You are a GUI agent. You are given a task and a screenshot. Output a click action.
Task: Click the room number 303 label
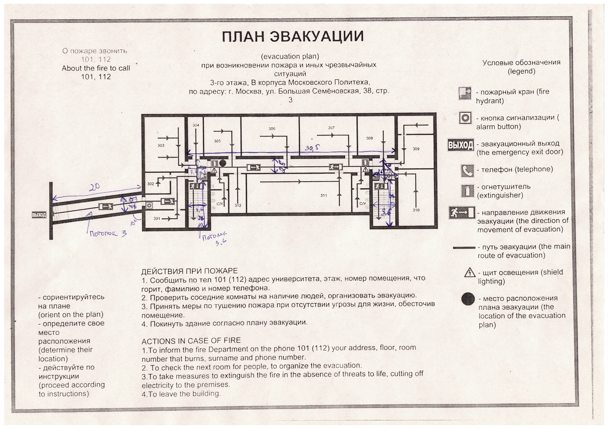pos(161,145)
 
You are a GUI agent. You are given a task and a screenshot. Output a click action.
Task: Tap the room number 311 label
pos(323,195)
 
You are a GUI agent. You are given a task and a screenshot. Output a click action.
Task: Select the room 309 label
pos(416,149)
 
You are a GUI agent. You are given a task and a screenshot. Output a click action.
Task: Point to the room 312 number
pos(238,205)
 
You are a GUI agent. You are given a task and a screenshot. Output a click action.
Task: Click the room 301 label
pos(157,218)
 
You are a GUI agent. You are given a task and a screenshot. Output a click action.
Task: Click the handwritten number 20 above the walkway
pos(95,187)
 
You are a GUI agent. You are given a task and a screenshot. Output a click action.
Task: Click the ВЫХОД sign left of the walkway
pos(39,215)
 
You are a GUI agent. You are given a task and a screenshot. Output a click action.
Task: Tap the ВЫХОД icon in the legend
pos(460,145)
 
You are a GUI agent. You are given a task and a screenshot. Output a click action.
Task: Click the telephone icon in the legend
pos(467,170)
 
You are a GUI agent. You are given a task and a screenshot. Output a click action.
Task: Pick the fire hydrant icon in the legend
pos(464,93)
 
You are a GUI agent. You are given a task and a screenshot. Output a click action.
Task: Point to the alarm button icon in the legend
pos(465,118)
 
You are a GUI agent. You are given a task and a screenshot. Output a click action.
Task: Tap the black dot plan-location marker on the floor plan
pos(223,163)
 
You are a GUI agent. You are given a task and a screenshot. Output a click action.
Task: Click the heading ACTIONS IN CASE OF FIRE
pos(191,341)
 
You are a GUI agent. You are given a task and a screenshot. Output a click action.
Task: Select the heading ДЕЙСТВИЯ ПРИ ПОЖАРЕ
pos(189,271)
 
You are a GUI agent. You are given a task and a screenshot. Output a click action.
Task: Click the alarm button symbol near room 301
pos(149,205)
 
